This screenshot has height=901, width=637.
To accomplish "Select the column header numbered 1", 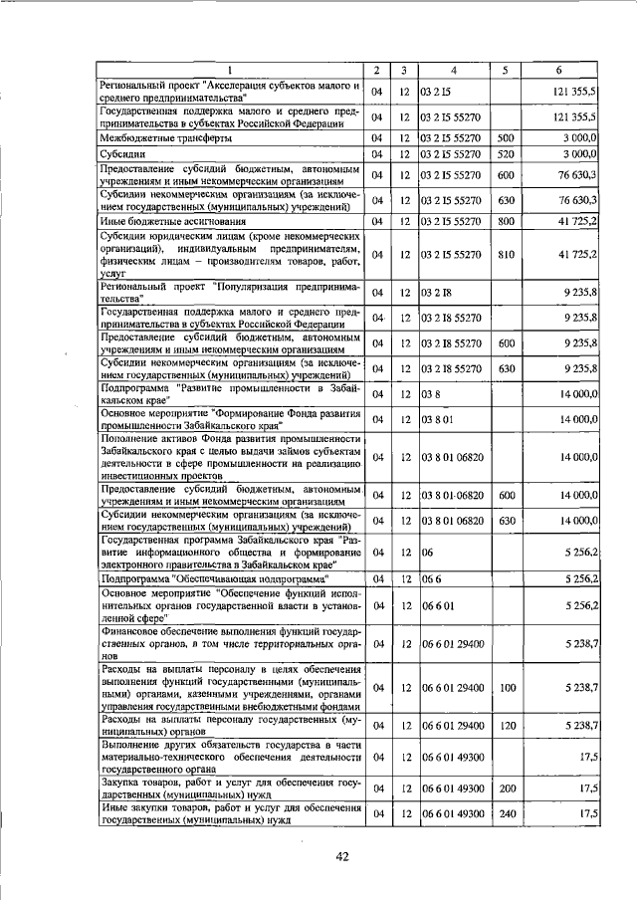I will pos(228,70).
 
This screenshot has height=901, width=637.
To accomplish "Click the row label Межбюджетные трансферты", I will pos(156,138).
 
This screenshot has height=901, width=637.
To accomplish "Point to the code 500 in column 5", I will pos(505,138).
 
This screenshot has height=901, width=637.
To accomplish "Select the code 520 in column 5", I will pos(505,155).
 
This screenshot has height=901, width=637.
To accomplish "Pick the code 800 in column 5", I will pos(505,221).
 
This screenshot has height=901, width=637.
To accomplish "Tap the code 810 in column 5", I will pos(505,255).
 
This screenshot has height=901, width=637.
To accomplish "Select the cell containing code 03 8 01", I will pos(439,420).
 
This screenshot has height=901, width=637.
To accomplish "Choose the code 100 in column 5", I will pos(505,687).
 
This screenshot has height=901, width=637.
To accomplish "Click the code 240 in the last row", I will pos(505,814).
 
